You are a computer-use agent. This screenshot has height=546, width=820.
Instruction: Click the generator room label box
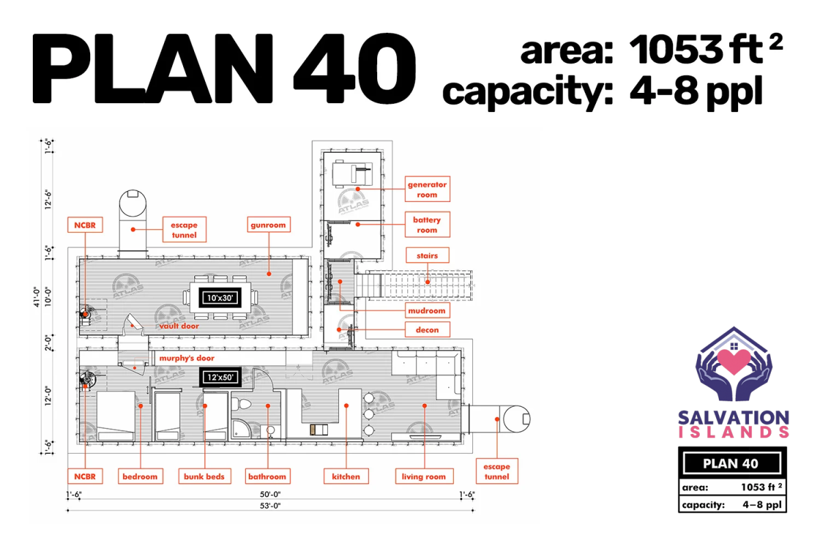point(427,189)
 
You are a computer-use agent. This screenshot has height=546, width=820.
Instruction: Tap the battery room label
point(427,225)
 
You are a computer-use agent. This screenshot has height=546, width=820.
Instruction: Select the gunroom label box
point(269,225)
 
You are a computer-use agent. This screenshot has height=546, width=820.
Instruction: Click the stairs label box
point(427,255)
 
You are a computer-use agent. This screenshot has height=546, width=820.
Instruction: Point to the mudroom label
point(427,311)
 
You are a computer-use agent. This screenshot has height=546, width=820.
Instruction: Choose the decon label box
point(427,330)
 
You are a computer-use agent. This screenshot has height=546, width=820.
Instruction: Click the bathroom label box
point(268,476)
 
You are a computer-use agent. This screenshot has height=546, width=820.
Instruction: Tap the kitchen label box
point(346,476)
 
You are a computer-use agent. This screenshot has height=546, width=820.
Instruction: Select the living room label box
point(424,476)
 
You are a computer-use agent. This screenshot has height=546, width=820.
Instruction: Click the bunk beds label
point(204,476)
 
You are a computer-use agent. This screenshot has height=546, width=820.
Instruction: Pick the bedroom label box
point(140,476)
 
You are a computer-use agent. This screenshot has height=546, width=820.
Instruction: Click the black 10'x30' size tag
point(220,298)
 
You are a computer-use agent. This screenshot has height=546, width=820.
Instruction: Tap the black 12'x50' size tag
point(220,377)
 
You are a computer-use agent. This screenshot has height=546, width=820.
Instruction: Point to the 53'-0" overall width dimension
point(270,506)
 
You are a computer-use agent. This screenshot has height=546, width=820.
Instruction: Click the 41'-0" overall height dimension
point(37,297)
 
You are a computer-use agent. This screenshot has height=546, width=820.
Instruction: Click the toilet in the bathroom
point(241,404)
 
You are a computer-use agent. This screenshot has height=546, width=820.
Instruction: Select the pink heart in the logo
point(734,361)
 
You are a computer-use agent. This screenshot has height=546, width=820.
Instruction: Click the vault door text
point(179,326)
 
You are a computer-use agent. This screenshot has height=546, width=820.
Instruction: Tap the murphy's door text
point(187,358)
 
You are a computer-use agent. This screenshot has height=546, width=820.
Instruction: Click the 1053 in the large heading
point(676,49)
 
